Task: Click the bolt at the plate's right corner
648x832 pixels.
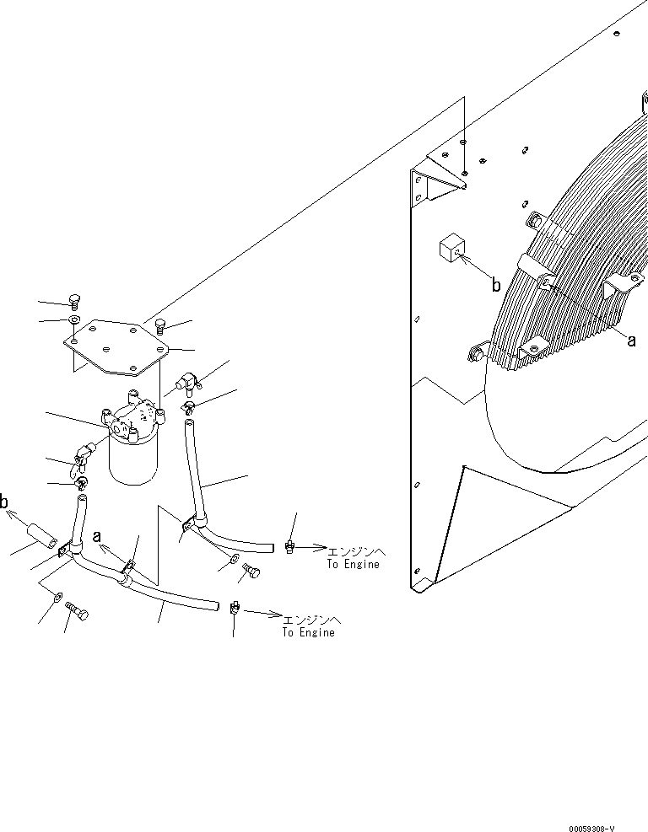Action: tap(160, 326)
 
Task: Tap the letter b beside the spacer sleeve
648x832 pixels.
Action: tap(5, 503)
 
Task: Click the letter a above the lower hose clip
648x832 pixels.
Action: tap(97, 535)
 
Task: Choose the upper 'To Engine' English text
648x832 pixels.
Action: tap(353, 564)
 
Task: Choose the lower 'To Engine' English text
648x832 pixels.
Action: tap(308, 632)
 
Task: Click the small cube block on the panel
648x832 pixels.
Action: tap(450, 250)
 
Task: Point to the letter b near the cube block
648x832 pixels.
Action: tap(497, 286)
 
